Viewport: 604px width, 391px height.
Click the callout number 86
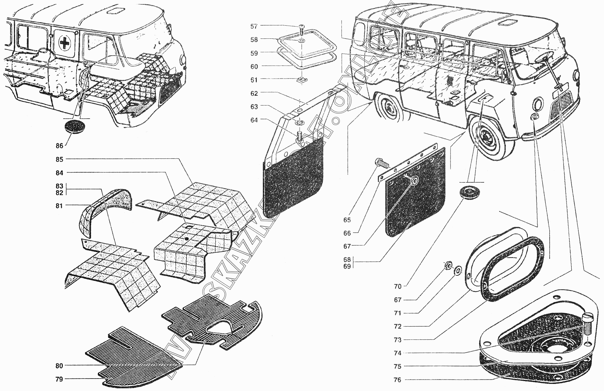[x=59, y=146]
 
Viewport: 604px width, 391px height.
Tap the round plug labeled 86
[x=74, y=127]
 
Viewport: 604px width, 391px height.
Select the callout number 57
[x=254, y=26]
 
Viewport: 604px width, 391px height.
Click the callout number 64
[x=254, y=120]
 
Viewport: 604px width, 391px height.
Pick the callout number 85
[x=59, y=159]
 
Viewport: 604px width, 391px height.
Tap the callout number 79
[x=59, y=379]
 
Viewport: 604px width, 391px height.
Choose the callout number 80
[x=59, y=366]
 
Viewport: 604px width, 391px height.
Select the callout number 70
[x=397, y=287]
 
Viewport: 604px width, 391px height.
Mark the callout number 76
[x=397, y=380]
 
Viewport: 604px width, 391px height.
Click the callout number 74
[x=397, y=353]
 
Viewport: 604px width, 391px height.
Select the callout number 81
[x=59, y=205]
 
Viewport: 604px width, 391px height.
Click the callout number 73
[x=397, y=340]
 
